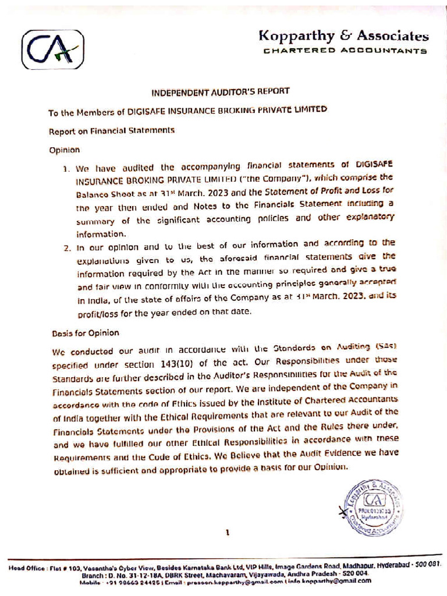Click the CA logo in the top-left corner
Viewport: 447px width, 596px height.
coord(53,50)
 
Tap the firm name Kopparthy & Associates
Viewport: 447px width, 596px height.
coord(343,36)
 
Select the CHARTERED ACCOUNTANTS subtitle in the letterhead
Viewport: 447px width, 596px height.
coord(345,51)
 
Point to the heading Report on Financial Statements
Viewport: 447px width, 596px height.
coord(112,130)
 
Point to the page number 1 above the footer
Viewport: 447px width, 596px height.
coord(228,531)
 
